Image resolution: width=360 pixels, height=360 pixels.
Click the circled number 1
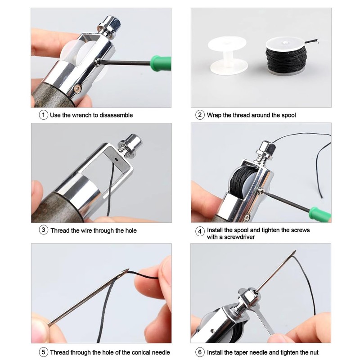44,115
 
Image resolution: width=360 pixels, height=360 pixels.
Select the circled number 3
44,230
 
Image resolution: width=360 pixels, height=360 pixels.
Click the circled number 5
44,352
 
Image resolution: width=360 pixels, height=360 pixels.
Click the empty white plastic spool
227,53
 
